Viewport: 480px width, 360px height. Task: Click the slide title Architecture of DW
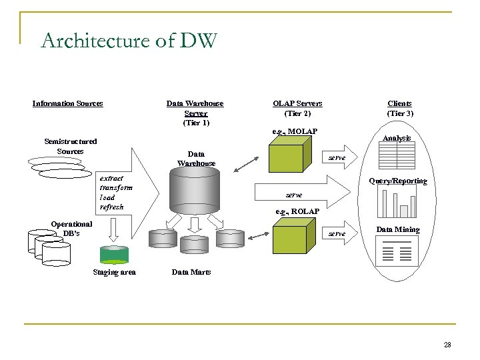(x=129, y=42)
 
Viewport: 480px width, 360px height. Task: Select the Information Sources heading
(x=68, y=103)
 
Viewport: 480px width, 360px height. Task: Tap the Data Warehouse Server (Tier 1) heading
(x=195, y=113)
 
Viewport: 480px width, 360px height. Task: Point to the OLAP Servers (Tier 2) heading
(x=297, y=108)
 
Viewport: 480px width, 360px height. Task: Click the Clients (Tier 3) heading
(x=401, y=108)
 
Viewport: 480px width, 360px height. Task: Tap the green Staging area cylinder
(x=114, y=255)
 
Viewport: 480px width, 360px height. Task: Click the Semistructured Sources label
(x=70, y=146)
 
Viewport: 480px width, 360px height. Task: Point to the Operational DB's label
(x=71, y=229)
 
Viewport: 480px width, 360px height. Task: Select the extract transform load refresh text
(x=116, y=193)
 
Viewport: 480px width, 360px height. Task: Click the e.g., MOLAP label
(x=295, y=131)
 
